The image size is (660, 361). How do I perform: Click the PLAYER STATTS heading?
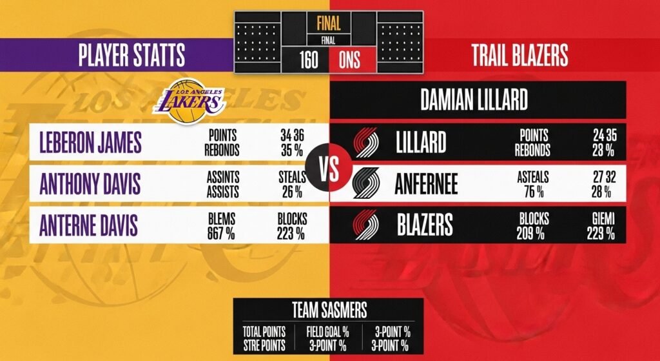131,56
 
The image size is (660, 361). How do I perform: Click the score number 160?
309,61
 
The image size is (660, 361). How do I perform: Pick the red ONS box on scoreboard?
349,61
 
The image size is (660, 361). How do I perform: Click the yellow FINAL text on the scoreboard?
329,24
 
